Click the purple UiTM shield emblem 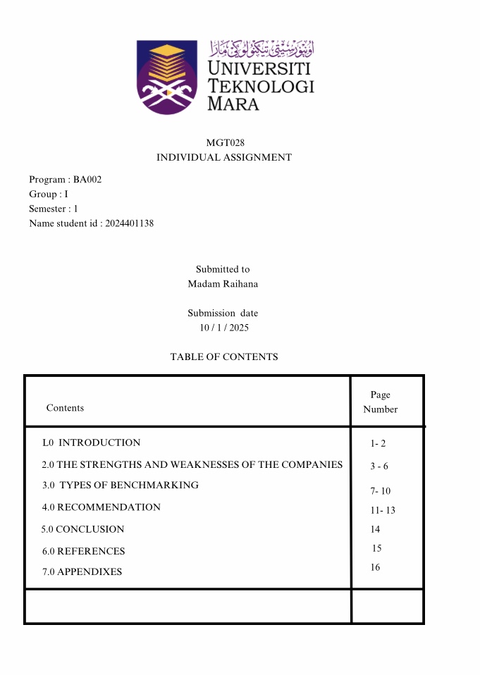click(x=167, y=77)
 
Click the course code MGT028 click(x=225, y=143)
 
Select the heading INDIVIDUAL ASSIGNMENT click(x=224, y=158)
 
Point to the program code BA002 click(x=87, y=180)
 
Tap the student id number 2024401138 click(x=129, y=223)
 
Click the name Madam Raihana click(x=223, y=284)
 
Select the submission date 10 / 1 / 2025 click(x=224, y=328)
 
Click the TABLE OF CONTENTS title click(x=224, y=357)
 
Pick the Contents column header click(x=65, y=408)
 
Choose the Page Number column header click(x=381, y=402)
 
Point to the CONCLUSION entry click(x=90, y=529)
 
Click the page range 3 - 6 click(x=379, y=466)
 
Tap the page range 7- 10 click(x=381, y=491)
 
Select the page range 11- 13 click(x=383, y=510)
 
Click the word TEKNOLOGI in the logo click(x=261, y=87)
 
